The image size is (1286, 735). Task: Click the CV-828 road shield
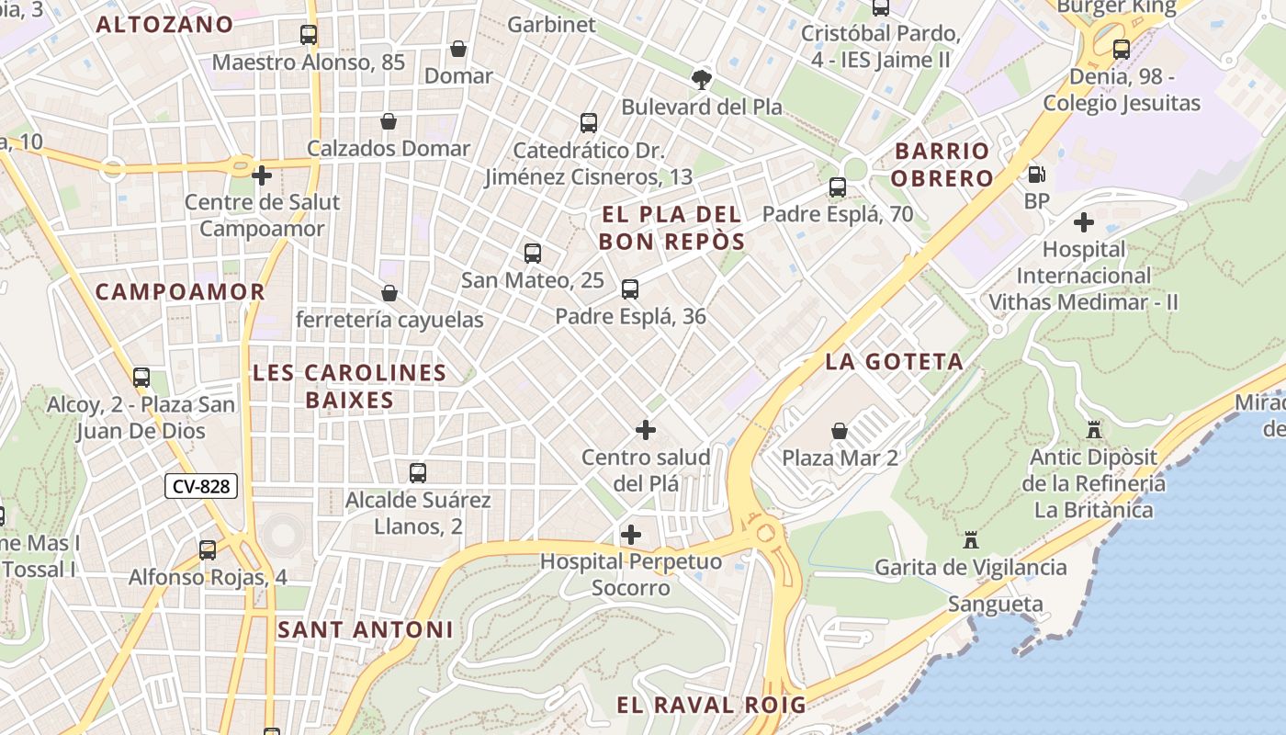201,486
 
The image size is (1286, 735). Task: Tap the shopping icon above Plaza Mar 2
839,430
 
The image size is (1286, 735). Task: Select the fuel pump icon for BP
1036,174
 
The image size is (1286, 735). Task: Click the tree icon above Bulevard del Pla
702,79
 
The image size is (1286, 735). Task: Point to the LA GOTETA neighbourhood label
894,361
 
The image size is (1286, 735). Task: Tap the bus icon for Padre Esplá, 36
630,289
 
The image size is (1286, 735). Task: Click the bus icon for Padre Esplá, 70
838,187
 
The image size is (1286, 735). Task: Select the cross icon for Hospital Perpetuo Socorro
631,535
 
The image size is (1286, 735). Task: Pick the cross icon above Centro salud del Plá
646,430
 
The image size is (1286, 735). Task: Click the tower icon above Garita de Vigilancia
971,540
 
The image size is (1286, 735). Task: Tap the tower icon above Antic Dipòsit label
1093,430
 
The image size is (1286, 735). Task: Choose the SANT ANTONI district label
365,629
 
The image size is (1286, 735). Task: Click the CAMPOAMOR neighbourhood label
180,291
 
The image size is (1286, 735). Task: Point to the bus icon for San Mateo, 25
533,254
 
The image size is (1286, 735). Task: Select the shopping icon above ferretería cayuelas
389,293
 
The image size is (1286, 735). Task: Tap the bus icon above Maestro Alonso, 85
309,36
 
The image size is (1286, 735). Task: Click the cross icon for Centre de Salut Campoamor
262,175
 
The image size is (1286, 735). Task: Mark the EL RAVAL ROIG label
711,705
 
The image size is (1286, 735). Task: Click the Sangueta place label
995,604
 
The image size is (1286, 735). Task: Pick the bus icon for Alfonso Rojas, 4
208,550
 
